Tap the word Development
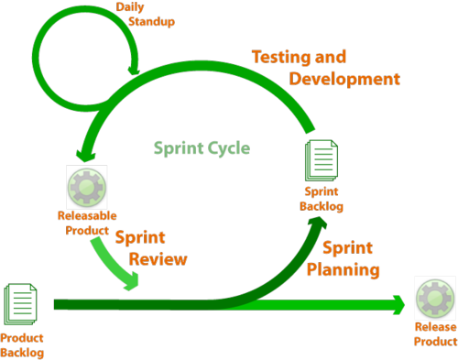(344, 79)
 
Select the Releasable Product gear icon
(85, 187)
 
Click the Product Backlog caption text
(22, 344)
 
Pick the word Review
(158, 258)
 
